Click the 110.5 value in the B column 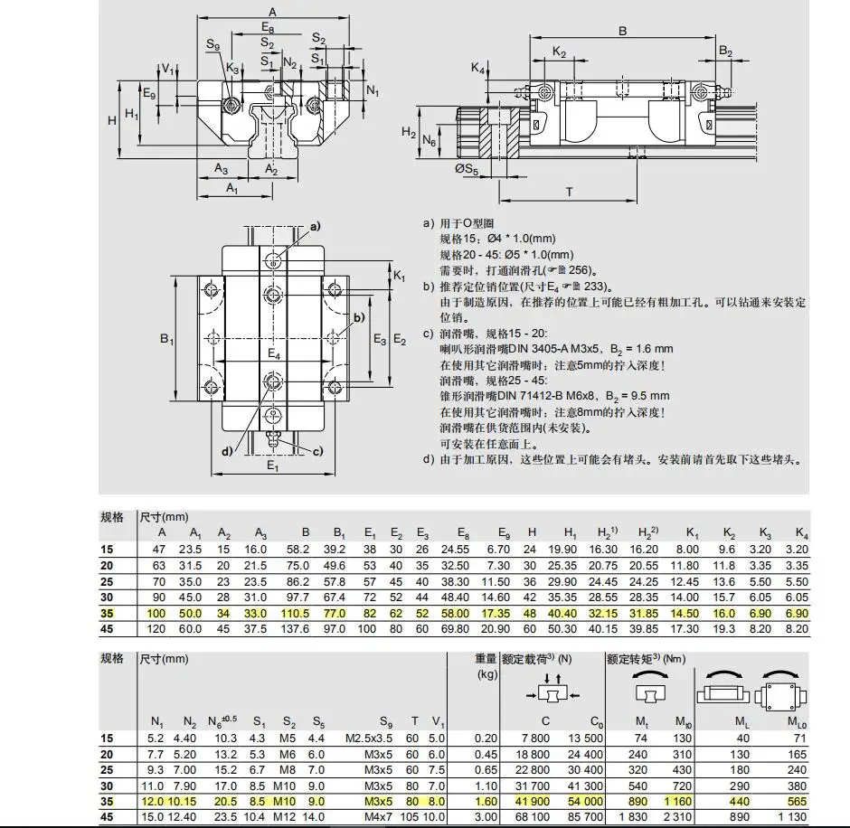(x=306, y=614)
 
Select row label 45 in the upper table (x=109, y=629)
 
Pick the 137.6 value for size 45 (x=306, y=629)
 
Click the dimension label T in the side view (x=570, y=192)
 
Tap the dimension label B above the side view (x=622, y=31)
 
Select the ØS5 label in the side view (x=465, y=168)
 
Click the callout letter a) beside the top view (x=316, y=225)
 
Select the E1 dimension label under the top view (x=272, y=466)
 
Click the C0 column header (x=596, y=721)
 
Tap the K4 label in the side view (x=477, y=69)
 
